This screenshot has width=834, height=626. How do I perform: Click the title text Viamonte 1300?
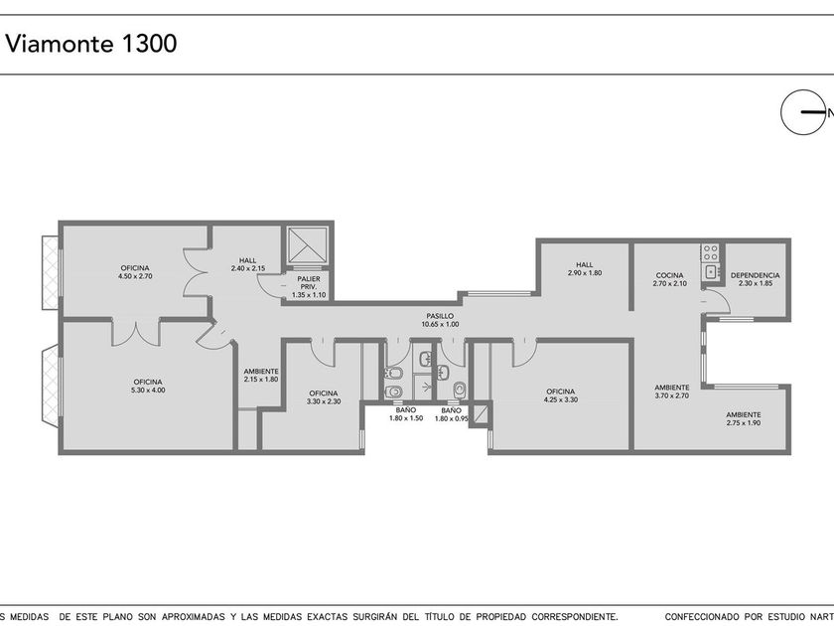91,43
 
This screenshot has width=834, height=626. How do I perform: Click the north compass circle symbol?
802,111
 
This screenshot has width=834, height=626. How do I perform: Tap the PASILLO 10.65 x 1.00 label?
440,320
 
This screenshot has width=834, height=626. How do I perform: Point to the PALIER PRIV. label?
309,286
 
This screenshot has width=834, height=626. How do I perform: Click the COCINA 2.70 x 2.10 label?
669,279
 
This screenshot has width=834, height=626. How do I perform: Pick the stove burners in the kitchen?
710,252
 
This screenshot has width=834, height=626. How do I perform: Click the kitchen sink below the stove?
711,272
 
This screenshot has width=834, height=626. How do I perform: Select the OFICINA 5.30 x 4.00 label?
148,386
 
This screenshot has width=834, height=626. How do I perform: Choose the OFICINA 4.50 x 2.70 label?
135,272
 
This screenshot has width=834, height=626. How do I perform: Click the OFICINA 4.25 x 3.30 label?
561,395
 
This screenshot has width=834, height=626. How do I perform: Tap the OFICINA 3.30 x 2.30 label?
324,397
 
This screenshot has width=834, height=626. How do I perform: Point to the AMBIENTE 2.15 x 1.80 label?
261,376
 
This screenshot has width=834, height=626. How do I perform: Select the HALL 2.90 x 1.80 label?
585,269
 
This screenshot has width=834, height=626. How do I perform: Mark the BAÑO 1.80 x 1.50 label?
406,414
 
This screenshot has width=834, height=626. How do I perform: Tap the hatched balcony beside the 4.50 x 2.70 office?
50,272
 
